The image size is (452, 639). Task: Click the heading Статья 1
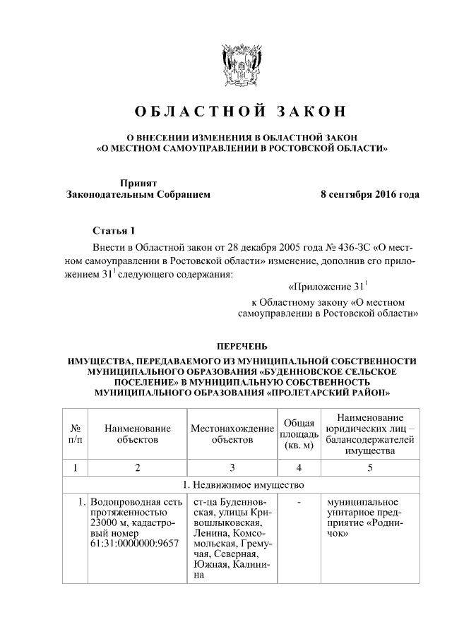pyautogui.click(x=112, y=231)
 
